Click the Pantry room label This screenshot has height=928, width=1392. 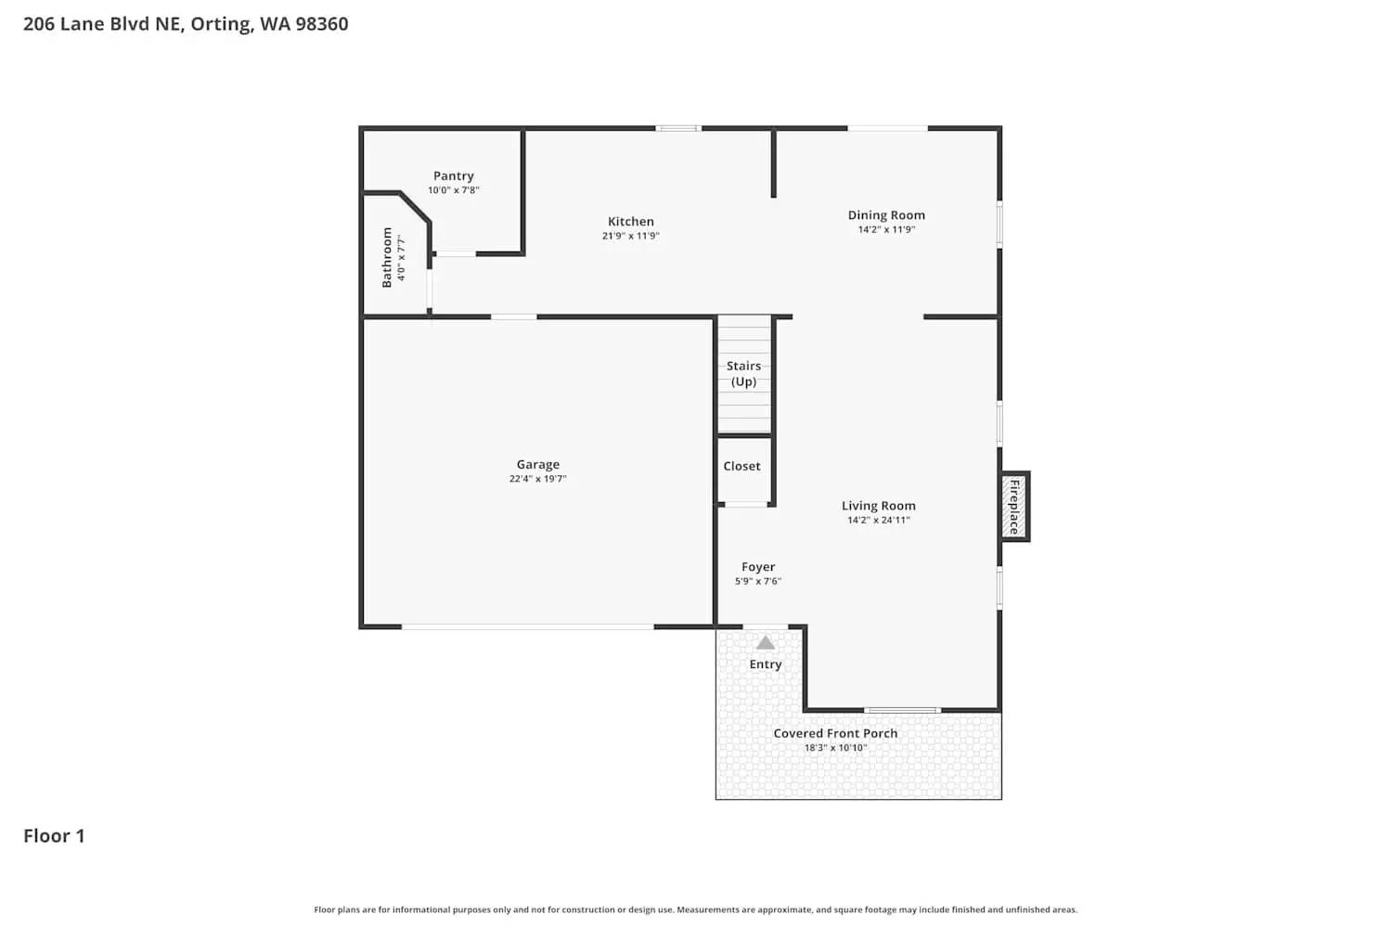(453, 176)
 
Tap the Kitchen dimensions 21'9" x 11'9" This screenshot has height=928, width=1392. (630, 236)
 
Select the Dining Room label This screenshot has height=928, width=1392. (886, 215)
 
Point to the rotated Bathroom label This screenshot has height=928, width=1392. (387, 258)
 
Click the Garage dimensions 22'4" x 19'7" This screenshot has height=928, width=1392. (537, 479)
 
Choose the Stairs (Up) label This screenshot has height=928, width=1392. (743, 373)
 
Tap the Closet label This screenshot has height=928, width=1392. (741, 467)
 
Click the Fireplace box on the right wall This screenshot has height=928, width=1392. (1014, 507)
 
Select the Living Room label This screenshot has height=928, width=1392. (878, 506)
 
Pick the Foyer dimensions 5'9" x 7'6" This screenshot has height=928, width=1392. (758, 581)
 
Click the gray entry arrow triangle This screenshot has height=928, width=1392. (765, 642)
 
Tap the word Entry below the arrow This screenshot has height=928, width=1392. (766, 664)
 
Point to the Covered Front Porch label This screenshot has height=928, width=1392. (835, 733)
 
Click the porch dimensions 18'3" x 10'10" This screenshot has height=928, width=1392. (835, 748)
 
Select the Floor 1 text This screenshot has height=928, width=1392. (54, 836)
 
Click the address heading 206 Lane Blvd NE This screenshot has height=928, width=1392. (186, 24)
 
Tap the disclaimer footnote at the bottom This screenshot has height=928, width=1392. (695, 910)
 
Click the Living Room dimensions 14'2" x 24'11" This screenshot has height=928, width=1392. (878, 521)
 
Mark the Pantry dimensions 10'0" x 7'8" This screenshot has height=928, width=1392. (453, 190)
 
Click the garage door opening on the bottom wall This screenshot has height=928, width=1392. (527, 627)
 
